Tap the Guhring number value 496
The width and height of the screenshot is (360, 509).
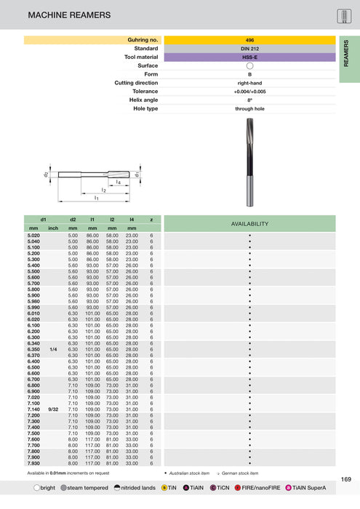tap(249, 39)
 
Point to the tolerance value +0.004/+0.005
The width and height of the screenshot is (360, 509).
tap(249, 91)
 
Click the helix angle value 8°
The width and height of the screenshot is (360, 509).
tap(249, 100)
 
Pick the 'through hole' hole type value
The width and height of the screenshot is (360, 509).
tap(249, 108)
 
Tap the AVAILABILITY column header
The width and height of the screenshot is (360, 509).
tap(249, 223)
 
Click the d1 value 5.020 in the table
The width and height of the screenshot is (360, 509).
tap(33, 236)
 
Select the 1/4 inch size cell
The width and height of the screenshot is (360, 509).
tap(53, 349)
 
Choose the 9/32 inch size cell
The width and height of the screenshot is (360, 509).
tap(53, 409)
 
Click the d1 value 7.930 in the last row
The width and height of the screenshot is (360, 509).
tap(33, 462)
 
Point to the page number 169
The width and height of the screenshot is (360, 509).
tap(346, 478)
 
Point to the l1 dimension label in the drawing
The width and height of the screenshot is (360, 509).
tap(95, 197)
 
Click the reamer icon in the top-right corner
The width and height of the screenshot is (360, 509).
tap(345, 16)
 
